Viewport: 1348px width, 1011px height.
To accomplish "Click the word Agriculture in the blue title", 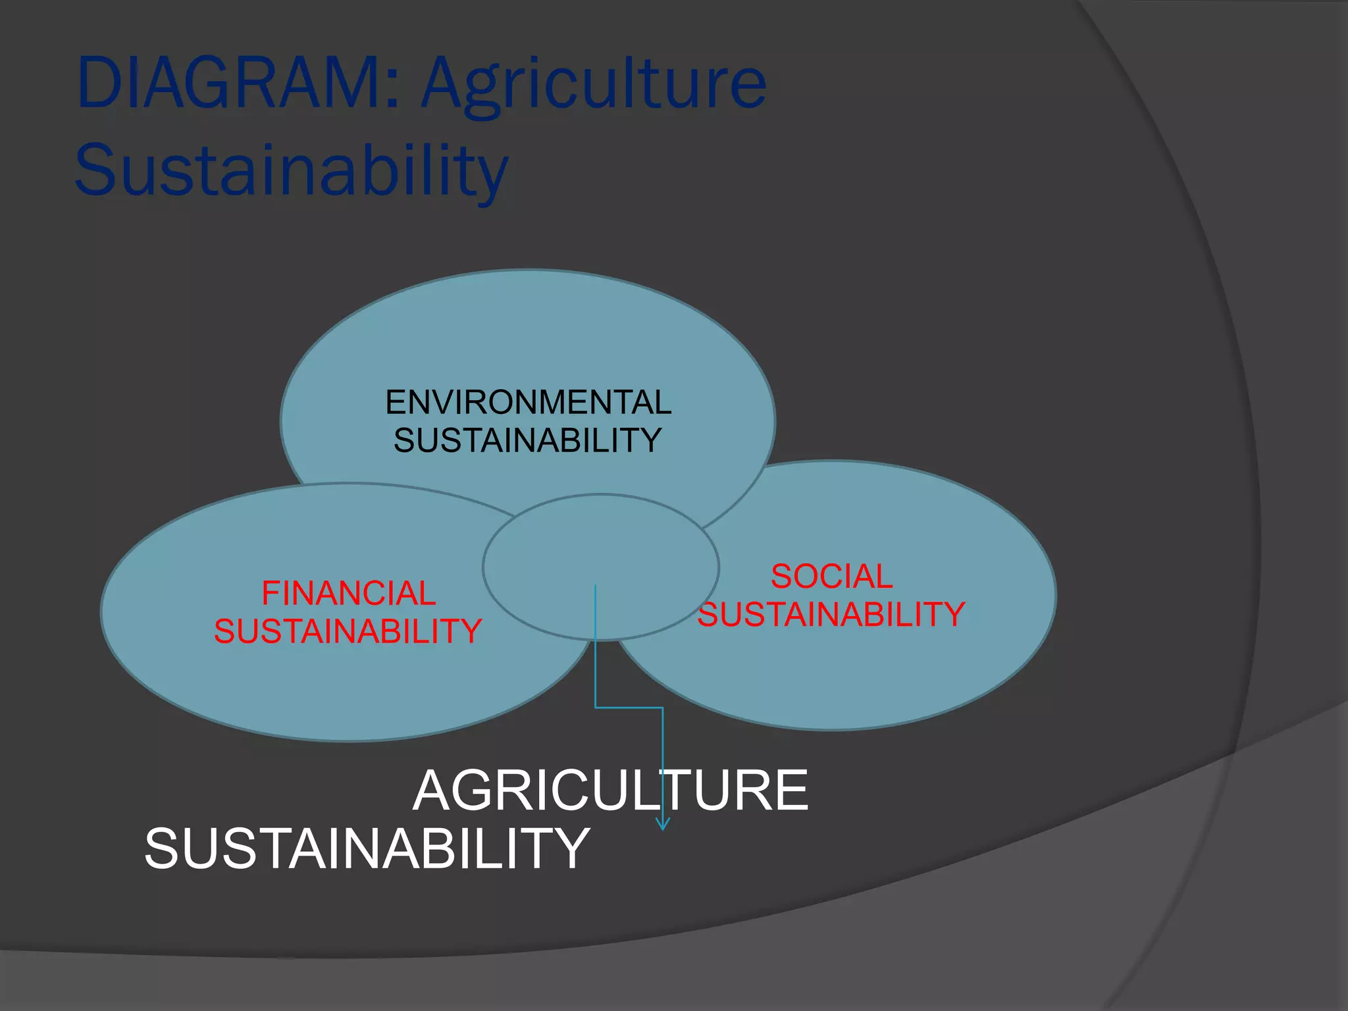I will [x=594, y=86].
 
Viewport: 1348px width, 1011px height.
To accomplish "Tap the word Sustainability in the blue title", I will [x=292, y=170].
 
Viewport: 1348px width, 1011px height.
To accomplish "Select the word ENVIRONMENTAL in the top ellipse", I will [x=528, y=402].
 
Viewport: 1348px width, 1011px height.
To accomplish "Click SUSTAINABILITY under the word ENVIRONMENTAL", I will [x=527, y=440].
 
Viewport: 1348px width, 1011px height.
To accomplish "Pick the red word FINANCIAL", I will [x=348, y=593].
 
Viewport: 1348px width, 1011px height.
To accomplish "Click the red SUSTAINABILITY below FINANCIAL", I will [x=348, y=631].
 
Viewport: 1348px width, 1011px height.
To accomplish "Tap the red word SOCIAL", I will [x=831, y=577].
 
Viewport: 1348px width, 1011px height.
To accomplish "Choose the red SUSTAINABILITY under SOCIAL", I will [x=831, y=614].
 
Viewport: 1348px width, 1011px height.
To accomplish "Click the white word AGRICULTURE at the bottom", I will [x=610, y=791].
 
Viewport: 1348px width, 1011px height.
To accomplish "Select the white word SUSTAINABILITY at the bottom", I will [x=367, y=849].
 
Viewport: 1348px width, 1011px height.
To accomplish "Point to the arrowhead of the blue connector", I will [x=663, y=825].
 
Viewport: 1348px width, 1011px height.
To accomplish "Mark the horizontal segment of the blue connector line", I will [x=629, y=708].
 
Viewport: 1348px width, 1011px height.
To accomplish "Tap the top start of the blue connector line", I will [x=596, y=586].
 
